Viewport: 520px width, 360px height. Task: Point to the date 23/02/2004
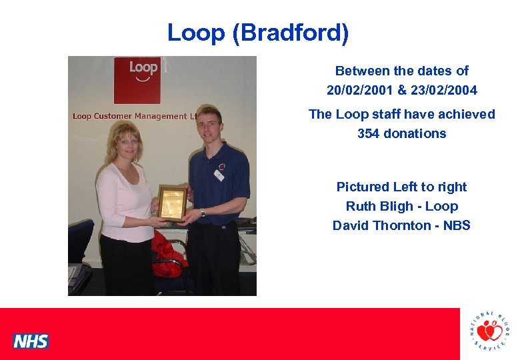[447, 89]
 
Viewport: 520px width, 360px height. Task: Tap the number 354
[369, 133]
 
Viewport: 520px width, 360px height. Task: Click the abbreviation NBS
[457, 225]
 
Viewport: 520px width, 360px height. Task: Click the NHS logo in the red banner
[31, 341]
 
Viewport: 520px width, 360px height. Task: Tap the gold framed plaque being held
[172, 202]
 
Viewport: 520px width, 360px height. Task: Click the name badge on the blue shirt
[219, 175]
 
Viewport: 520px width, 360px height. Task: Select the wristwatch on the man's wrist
[202, 213]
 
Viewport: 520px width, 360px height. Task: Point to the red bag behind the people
[168, 252]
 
